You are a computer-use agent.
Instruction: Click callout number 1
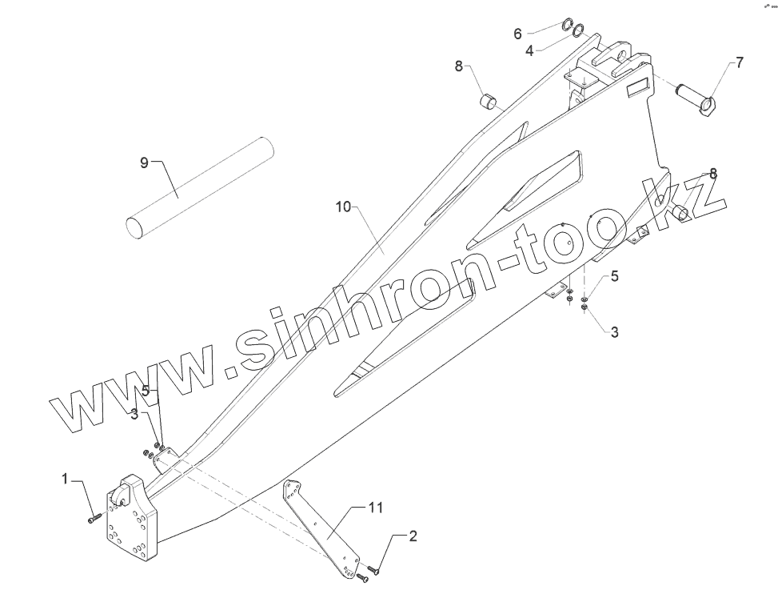[66, 479]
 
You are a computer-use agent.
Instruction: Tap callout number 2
[413, 536]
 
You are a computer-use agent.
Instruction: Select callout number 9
[145, 163]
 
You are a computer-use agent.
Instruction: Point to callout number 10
[342, 207]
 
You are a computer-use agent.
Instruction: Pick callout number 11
[377, 508]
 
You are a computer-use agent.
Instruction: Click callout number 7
[740, 62]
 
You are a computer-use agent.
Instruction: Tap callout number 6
[518, 34]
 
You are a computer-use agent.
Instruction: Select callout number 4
[529, 51]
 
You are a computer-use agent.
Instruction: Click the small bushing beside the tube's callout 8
[488, 102]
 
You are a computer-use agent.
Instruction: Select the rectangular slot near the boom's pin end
[639, 87]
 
